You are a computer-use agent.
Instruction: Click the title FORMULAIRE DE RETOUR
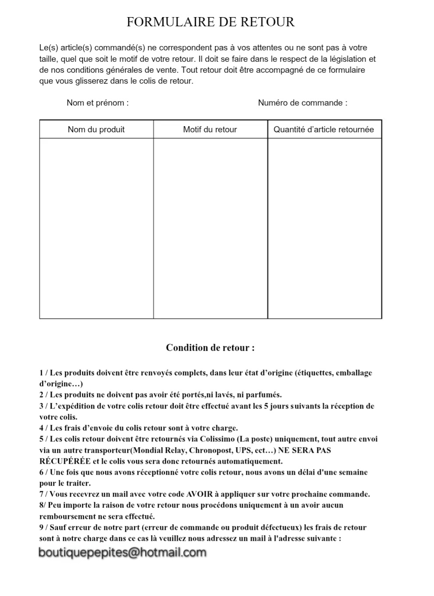[x=210, y=22]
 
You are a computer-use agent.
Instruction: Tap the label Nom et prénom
[x=97, y=103]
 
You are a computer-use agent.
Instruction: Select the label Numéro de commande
[x=302, y=103]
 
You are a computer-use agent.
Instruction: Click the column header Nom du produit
[x=96, y=130]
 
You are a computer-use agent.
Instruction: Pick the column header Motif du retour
[x=210, y=130]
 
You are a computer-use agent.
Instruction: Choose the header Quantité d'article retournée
[x=324, y=130]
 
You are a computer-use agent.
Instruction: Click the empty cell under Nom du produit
[x=96, y=228]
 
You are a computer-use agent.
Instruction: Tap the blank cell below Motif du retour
[x=210, y=228]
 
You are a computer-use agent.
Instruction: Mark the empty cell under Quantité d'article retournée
[x=324, y=228]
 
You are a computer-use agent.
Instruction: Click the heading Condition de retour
[x=210, y=348]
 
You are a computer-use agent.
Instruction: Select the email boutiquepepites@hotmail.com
[x=122, y=553]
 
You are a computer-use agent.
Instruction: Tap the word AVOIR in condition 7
[x=199, y=494]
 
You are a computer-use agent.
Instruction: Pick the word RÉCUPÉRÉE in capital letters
[x=65, y=461]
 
